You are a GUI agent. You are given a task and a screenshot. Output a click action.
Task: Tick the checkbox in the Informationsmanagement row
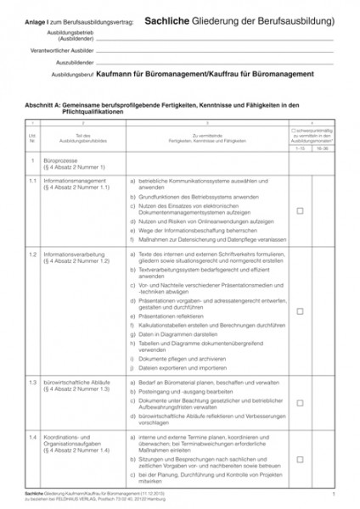[x=300, y=210]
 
